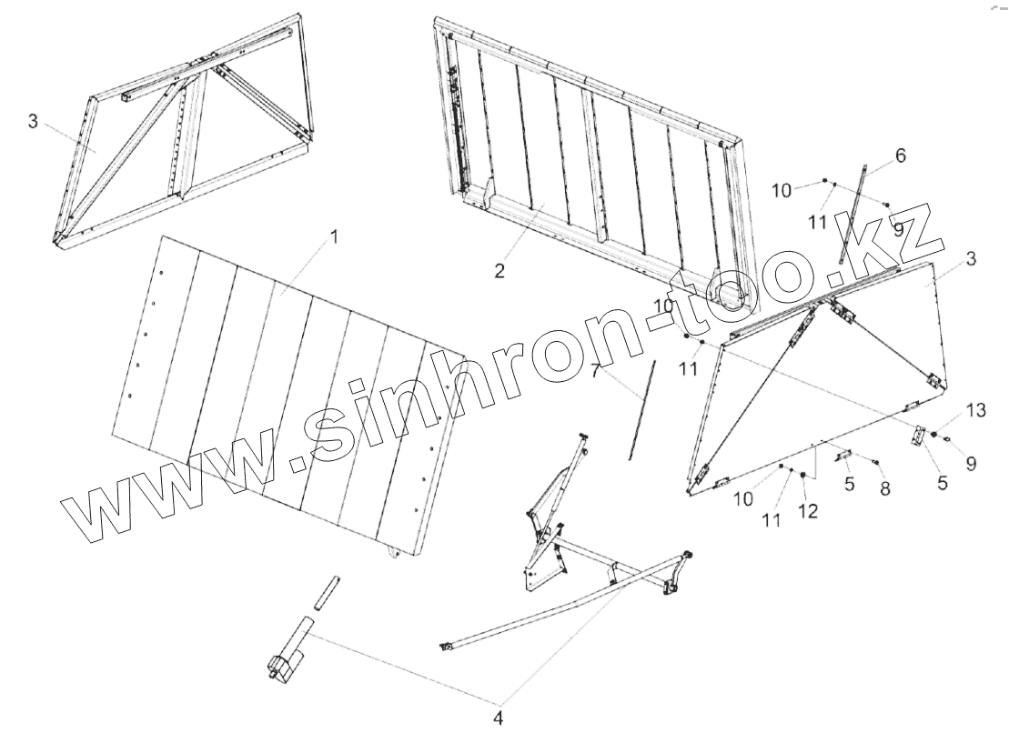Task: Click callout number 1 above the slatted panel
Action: [x=333, y=237]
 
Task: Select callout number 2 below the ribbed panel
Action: [x=499, y=271]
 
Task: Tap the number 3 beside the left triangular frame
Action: [x=33, y=122]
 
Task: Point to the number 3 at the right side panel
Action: [x=971, y=259]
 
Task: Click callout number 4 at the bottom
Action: [x=498, y=718]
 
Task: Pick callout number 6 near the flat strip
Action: [x=900, y=156]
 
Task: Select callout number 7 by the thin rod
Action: [x=595, y=370]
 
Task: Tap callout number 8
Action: [x=884, y=489]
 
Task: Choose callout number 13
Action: [x=975, y=411]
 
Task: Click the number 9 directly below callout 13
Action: [x=971, y=463]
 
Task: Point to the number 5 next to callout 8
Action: [x=849, y=484]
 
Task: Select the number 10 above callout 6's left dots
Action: [x=782, y=190]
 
